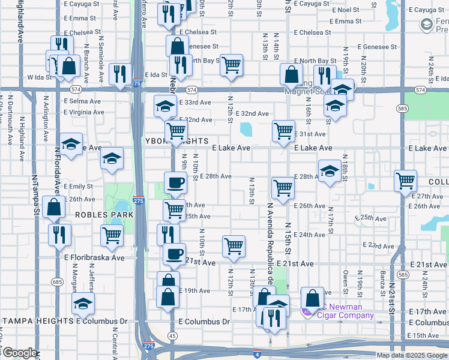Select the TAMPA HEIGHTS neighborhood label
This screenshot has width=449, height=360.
pyautogui.click(x=37, y=321)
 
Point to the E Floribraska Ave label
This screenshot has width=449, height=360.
pyautogui.click(x=94, y=257)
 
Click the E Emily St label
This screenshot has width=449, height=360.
pyautogui.click(x=78, y=187)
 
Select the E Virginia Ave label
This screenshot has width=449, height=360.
pyautogui.click(x=83, y=112)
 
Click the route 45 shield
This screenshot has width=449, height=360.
pyautogui.click(x=172, y=335)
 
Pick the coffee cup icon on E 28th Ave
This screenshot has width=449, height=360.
pyautogui.click(x=175, y=182)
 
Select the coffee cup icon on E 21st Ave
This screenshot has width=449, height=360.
pyautogui.click(x=174, y=253)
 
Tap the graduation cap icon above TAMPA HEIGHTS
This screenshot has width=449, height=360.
pyautogui.click(x=83, y=304)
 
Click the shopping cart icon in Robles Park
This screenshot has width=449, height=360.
pyautogui.click(x=112, y=235)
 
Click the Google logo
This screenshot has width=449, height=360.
pyautogui.click(x=20, y=353)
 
